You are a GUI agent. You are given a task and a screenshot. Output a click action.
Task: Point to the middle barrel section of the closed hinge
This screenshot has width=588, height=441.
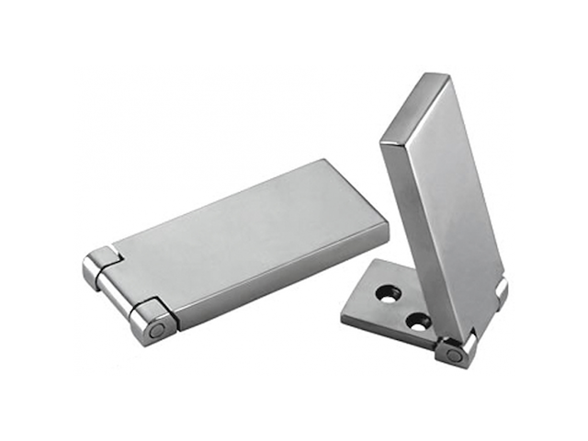point(118,292)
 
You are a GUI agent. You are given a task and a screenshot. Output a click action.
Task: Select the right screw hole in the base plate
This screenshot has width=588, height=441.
point(419,322)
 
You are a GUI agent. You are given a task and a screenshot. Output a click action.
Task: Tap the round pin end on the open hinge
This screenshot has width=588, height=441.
point(449,352)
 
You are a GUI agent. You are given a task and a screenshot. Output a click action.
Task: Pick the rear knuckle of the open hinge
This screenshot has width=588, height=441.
point(501,291)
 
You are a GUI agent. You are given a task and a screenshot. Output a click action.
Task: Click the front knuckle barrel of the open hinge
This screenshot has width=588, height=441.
point(457,349)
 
